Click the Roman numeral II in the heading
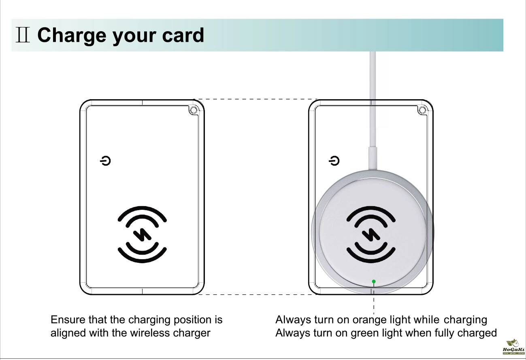(x=23, y=35)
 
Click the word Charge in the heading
(x=72, y=36)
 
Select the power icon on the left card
(x=105, y=161)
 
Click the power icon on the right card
(x=334, y=161)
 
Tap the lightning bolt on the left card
(x=142, y=234)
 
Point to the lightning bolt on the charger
(x=371, y=234)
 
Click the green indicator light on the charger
(x=374, y=281)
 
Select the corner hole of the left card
(x=194, y=110)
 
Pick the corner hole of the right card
(x=422, y=110)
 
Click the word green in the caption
(x=365, y=333)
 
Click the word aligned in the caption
(x=68, y=333)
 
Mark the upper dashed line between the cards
(x=256, y=99)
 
